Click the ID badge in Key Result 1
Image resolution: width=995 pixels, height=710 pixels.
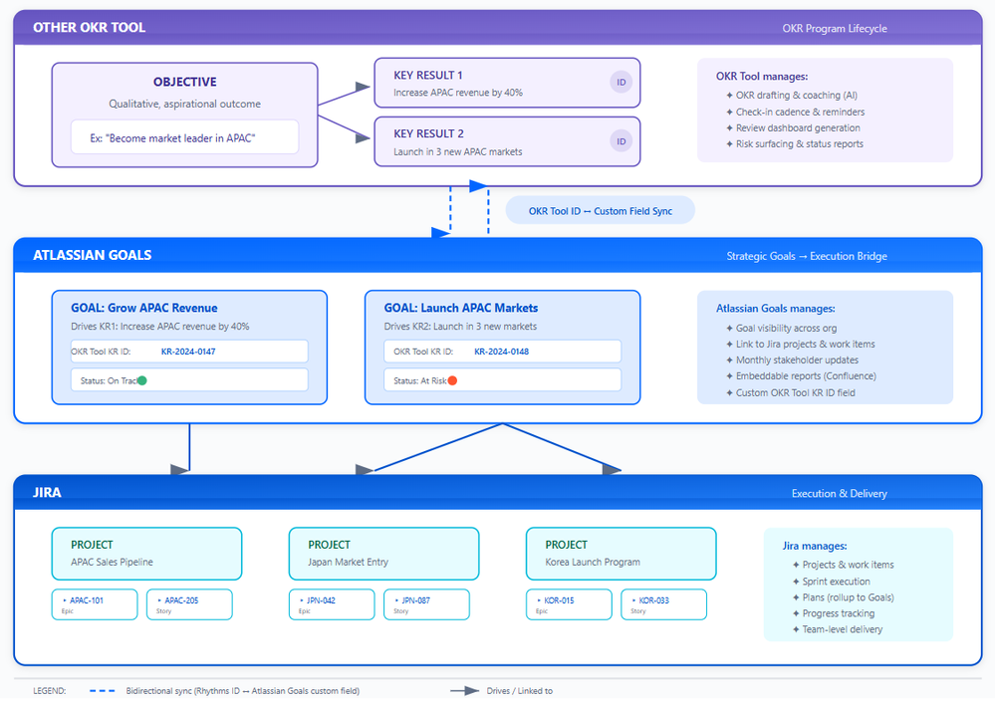622,83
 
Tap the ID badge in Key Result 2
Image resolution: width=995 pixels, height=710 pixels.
622,141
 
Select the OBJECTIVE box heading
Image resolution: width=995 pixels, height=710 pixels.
184,83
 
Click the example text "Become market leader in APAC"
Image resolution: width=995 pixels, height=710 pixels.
172,138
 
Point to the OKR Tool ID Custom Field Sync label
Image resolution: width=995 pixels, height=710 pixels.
600,211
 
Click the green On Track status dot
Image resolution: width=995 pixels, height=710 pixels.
141,380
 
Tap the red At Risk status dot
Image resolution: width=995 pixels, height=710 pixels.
452,380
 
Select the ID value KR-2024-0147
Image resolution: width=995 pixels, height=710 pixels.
188,352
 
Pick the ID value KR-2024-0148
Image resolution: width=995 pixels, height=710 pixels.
501,352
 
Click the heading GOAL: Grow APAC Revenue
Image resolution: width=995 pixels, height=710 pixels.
143,308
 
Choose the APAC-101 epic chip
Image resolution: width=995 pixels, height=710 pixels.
95,604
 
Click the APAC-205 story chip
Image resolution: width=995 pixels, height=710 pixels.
189,604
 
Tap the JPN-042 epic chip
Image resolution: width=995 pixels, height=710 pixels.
332,604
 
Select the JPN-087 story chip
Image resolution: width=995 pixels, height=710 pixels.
426,604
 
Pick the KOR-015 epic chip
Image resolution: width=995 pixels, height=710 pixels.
569,604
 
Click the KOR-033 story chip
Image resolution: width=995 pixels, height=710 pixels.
663,604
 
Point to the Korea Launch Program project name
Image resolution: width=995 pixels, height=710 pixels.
592,563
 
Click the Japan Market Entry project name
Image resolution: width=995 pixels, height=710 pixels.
349,563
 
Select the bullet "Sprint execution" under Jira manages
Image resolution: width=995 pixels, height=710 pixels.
836,582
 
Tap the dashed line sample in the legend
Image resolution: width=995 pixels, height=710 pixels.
103,691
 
